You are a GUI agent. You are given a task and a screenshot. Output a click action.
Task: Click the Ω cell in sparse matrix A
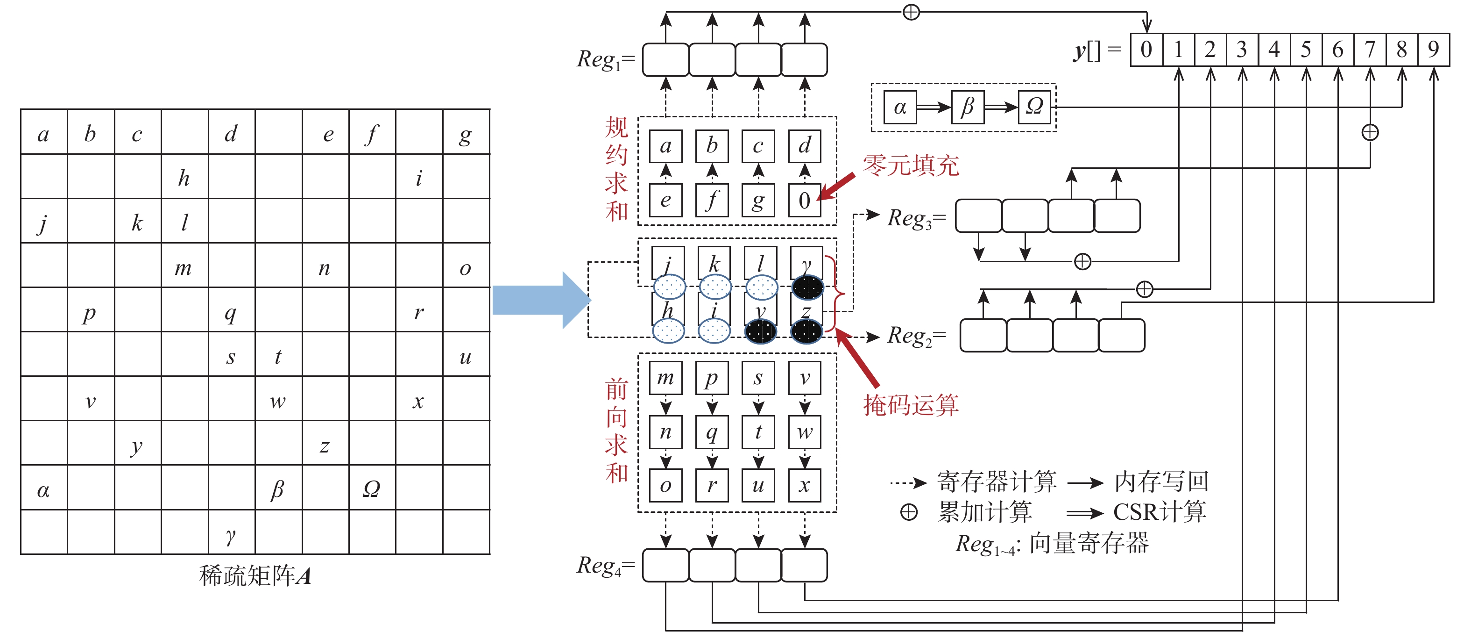(372, 488)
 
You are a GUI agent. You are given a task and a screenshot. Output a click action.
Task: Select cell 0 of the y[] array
(1146, 50)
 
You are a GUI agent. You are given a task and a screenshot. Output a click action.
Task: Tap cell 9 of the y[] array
(1433, 50)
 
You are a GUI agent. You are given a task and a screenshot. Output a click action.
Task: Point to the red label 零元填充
(911, 166)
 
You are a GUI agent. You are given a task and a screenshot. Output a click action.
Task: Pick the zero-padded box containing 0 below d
(805, 201)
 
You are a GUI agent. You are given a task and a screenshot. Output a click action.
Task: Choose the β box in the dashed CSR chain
(967, 107)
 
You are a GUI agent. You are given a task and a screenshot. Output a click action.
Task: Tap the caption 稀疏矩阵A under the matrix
(255, 575)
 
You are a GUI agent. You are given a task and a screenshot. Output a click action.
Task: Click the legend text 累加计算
(985, 512)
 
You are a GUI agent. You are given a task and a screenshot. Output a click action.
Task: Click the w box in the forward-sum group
(805, 432)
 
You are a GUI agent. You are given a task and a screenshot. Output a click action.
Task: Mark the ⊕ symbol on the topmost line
(912, 12)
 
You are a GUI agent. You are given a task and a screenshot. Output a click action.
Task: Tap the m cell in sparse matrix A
(184, 267)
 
